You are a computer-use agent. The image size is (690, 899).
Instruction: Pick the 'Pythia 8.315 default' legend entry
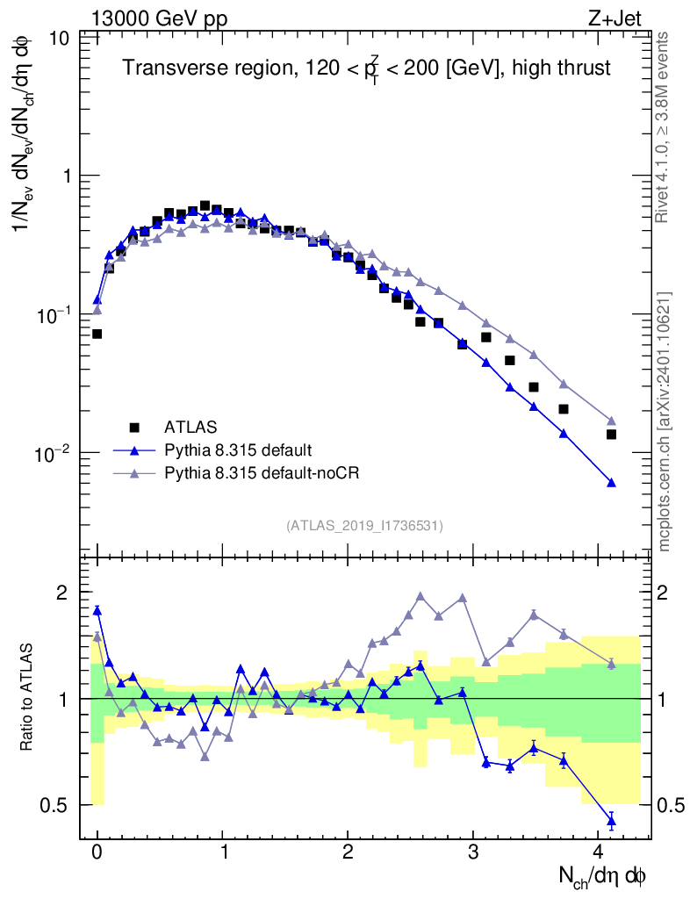point(237,450)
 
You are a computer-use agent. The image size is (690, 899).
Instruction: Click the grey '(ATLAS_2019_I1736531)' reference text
point(364,526)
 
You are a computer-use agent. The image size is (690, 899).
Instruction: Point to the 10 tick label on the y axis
point(59,39)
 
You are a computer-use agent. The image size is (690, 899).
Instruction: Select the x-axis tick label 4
point(599,852)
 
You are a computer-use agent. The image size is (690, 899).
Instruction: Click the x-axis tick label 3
point(473,852)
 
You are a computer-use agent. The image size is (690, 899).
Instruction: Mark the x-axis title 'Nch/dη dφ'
point(603,876)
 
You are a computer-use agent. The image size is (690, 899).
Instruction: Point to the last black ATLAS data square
point(612,435)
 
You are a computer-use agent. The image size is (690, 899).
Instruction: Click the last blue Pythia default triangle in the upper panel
point(612,483)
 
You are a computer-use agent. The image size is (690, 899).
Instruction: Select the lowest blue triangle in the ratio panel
point(612,822)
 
